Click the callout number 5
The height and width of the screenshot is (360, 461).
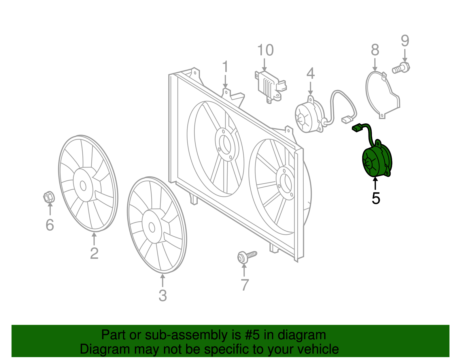tap(376, 198)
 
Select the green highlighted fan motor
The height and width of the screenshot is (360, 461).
tap(377, 162)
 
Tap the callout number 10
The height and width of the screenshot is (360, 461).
tap(265, 50)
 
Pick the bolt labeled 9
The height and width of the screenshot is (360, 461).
tap(401, 68)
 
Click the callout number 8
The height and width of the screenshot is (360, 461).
tap(375, 50)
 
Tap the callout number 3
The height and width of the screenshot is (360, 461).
tap(163, 296)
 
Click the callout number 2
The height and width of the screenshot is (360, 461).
tap(94, 253)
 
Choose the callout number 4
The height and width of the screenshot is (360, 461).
tap(310, 73)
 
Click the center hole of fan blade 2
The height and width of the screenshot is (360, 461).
tap(83, 186)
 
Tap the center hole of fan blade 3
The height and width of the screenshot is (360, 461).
tap(152, 227)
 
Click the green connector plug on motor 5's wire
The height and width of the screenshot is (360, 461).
tap(357, 128)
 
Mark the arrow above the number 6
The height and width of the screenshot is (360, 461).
tap(50, 209)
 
